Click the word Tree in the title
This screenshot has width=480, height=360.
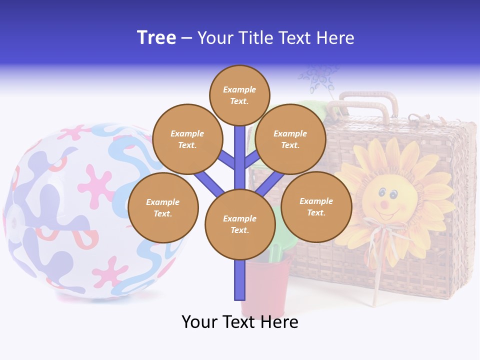coord(156,38)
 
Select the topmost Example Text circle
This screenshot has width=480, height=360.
coord(239,95)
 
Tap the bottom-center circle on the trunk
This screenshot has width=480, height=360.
coord(240,224)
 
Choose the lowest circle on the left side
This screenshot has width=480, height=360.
coord(163,208)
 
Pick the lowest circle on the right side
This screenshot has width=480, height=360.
coord(316,207)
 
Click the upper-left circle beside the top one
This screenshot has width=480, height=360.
coord(187,139)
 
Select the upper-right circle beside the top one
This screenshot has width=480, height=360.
coord(290,139)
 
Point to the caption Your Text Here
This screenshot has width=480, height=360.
coord(240,322)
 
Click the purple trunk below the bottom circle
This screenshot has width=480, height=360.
coord(240,280)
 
